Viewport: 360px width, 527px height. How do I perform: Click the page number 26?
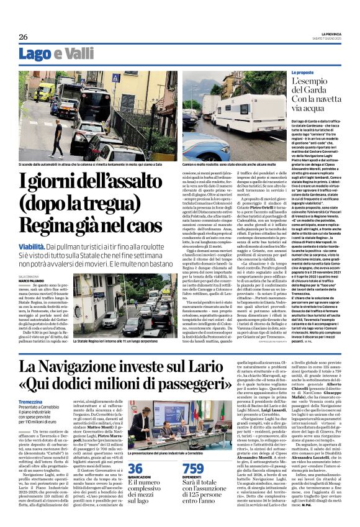pyautogui.click(x=23, y=37)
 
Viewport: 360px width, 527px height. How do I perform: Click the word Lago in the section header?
pyautogui.click(x=35, y=55)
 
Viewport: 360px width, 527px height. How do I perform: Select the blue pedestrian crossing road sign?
pyautogui.click(x=115, y=78)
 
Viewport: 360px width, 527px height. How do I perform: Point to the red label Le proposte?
pyautogui.click(x=322, y=73)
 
